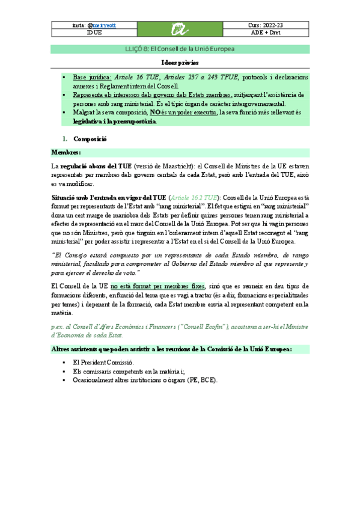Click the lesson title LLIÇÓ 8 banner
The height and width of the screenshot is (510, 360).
180,48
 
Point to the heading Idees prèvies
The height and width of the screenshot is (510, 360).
180,63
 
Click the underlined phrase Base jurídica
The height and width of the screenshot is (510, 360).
91,78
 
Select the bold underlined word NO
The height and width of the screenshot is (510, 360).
155,112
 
